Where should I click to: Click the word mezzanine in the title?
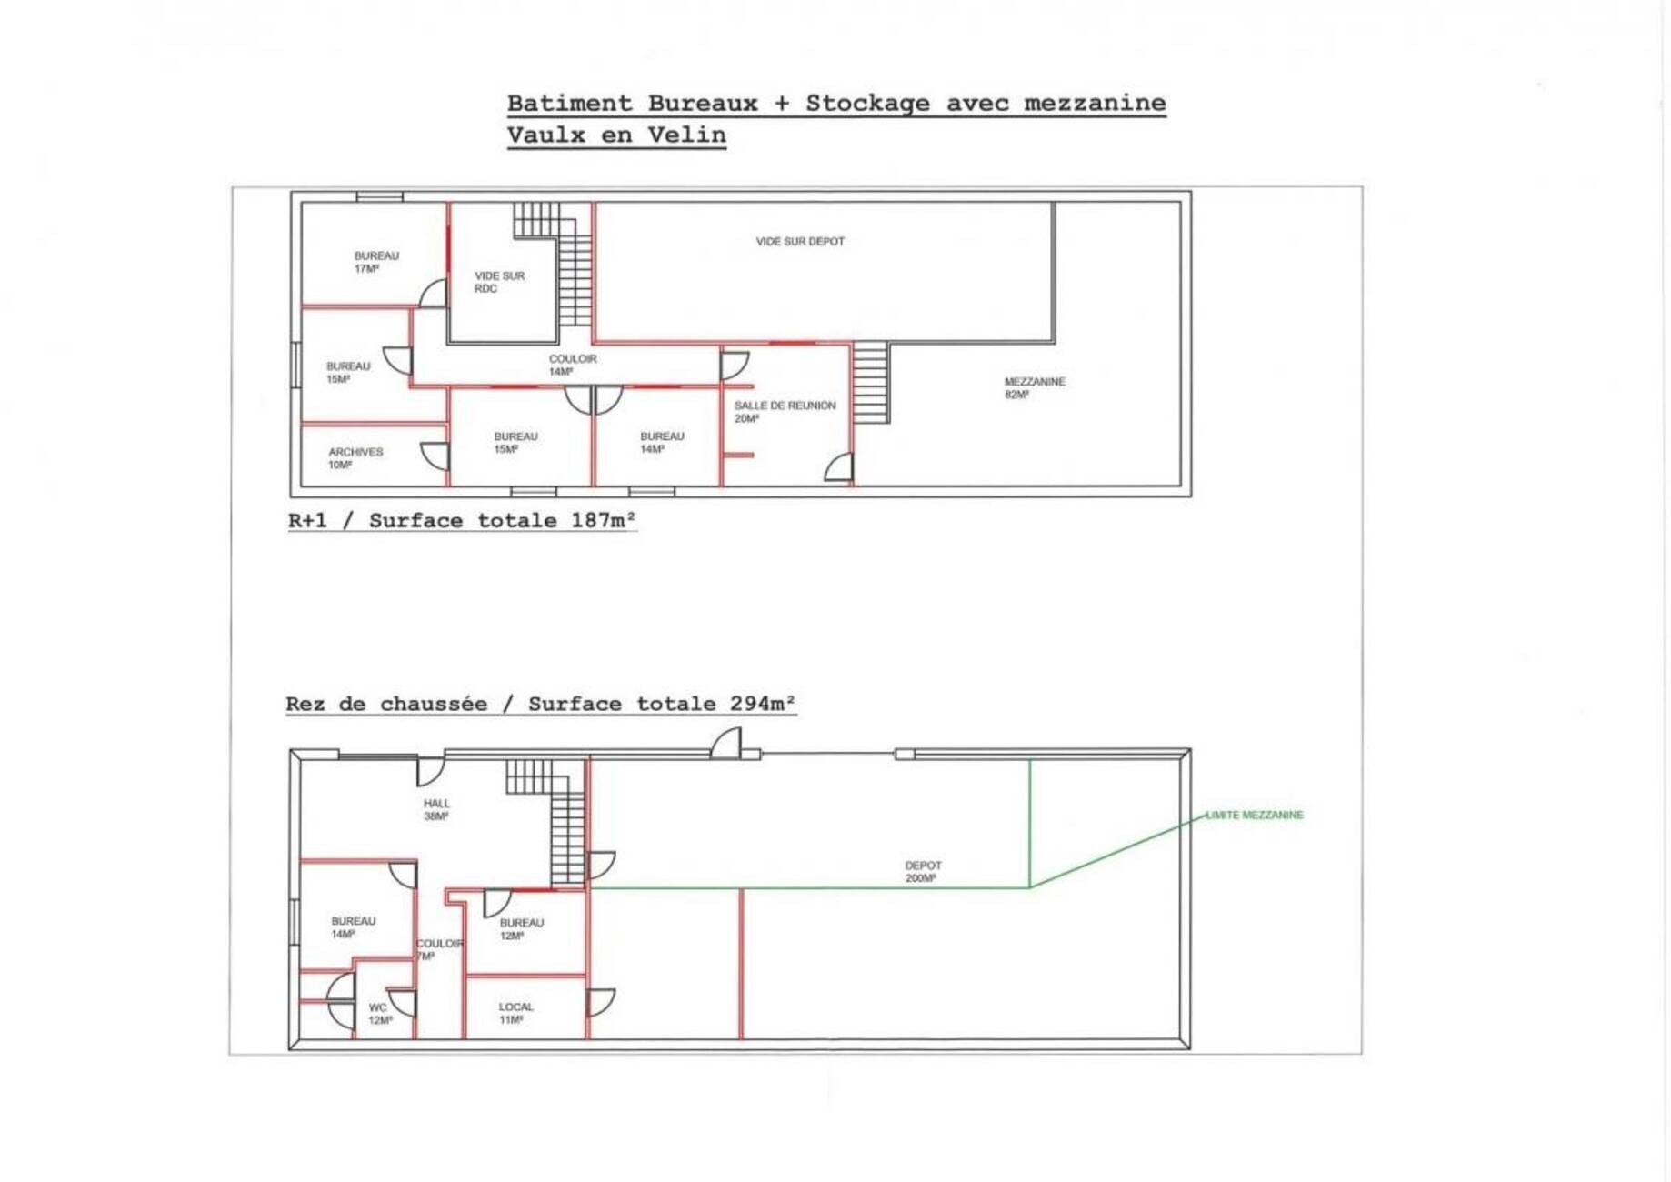[1095, 103]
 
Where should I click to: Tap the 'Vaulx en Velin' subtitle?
[616, 135]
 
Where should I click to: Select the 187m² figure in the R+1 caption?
[604, 520]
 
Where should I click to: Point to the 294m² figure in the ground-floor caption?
[763, 703]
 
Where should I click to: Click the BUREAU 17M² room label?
[376, 262]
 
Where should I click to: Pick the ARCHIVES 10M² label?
[355, 458]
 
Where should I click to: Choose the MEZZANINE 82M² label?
[1035, 387]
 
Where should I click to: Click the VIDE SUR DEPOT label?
[800, 242]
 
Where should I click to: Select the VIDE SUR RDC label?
[499, 282]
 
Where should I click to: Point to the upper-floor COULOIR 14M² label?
[573, 365]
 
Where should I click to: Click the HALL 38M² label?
[436, 809]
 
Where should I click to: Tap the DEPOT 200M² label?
[923, 872]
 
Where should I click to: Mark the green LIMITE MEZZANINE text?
[1255, 815]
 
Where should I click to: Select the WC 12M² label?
[380, 1014]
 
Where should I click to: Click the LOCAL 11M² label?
[515, 1013]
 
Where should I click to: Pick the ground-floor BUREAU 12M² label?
[521, 928]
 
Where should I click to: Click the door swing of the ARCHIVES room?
[435, 456]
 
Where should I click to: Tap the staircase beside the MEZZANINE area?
[870, 382]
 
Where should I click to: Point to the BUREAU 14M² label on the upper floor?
[662, 442]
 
